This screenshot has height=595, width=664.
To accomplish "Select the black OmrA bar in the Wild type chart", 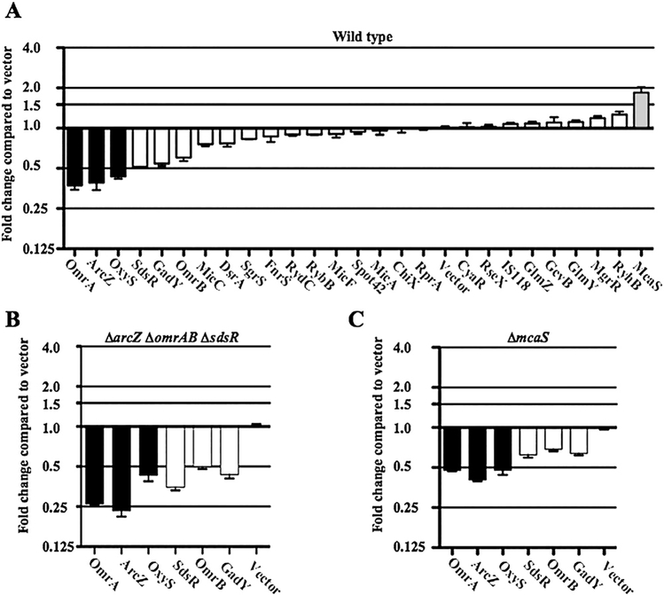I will pos(75,156).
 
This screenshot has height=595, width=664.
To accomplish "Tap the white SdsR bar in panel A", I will pos(140,147).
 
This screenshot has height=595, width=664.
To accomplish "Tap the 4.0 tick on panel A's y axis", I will pos(43,47).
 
